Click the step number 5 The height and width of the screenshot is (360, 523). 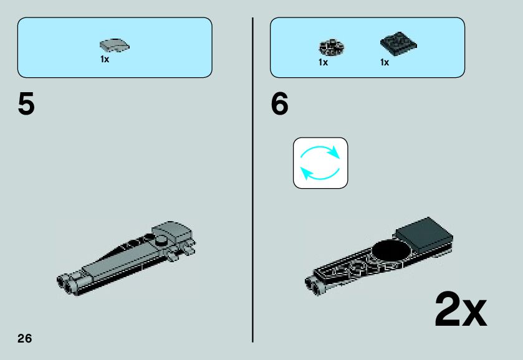pyautogui.click(x=26, y=104)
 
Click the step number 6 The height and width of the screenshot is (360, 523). pyautogui.click(x=280, y=104)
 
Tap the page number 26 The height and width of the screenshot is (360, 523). pyautogui.click(x=24, y=339)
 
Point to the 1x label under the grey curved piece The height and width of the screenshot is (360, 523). pyautogui.click(x=105, y=59)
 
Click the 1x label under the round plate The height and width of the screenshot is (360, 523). pyautogui.click(x=323, y=62)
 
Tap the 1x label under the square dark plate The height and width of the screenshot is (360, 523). pyautogui.click(x=385, y=62)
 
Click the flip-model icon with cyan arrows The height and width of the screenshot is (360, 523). pyautogui.click(x=320, y=163)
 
